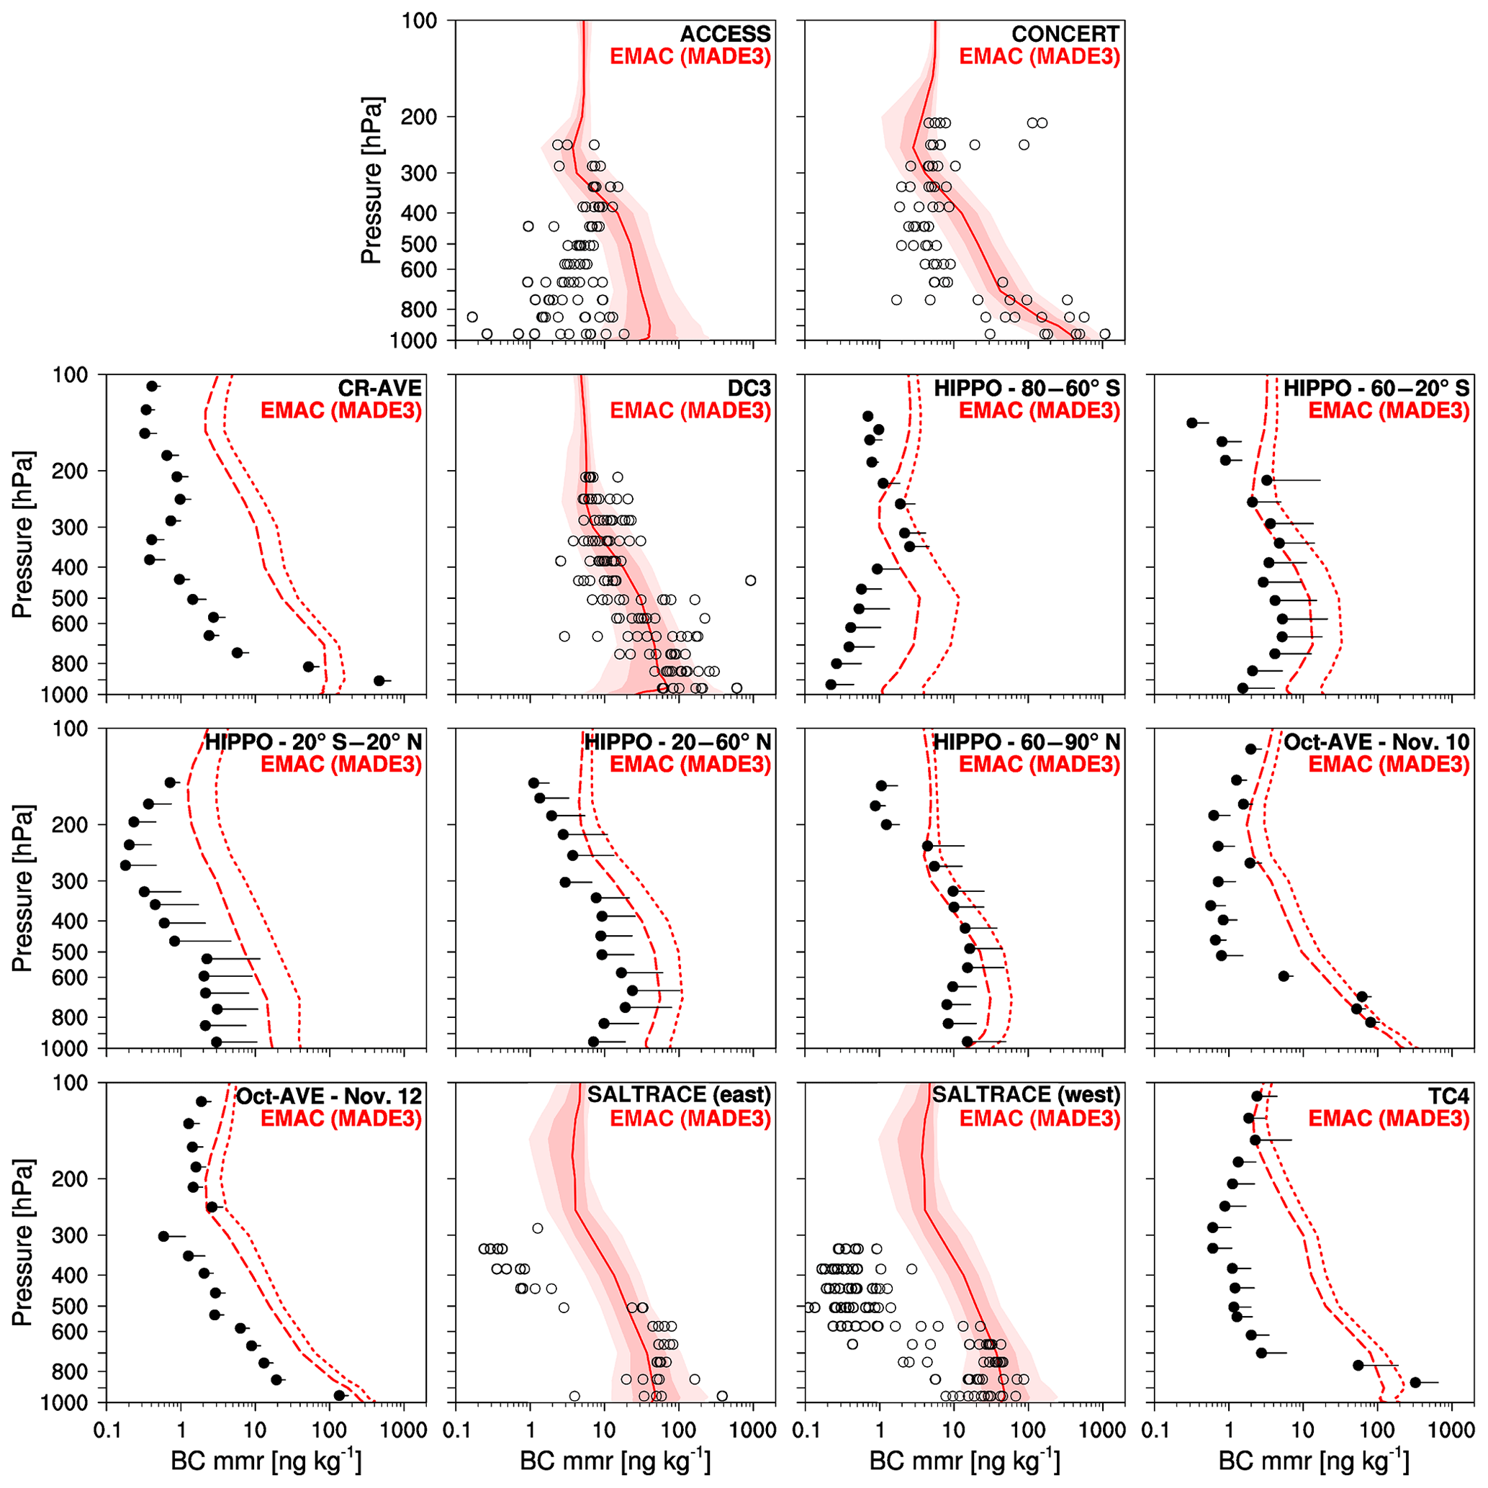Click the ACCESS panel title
click(725, 34)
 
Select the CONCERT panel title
click(1065, 34)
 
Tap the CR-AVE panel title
click(379, 388)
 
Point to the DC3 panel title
click(749, 388)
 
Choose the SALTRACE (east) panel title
click(679, 1094)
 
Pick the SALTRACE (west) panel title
click(1026, 1094)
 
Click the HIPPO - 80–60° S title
click(1027, 388)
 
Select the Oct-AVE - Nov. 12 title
click(329, 1096)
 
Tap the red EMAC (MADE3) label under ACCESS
click(690, 56)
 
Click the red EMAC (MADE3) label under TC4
click(1389, 1118)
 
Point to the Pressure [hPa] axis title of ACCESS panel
click(371, 180)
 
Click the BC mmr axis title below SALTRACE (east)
click(616, 1460)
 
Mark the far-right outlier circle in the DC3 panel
click(751, 581)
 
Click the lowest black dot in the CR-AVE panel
click(379, 680)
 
